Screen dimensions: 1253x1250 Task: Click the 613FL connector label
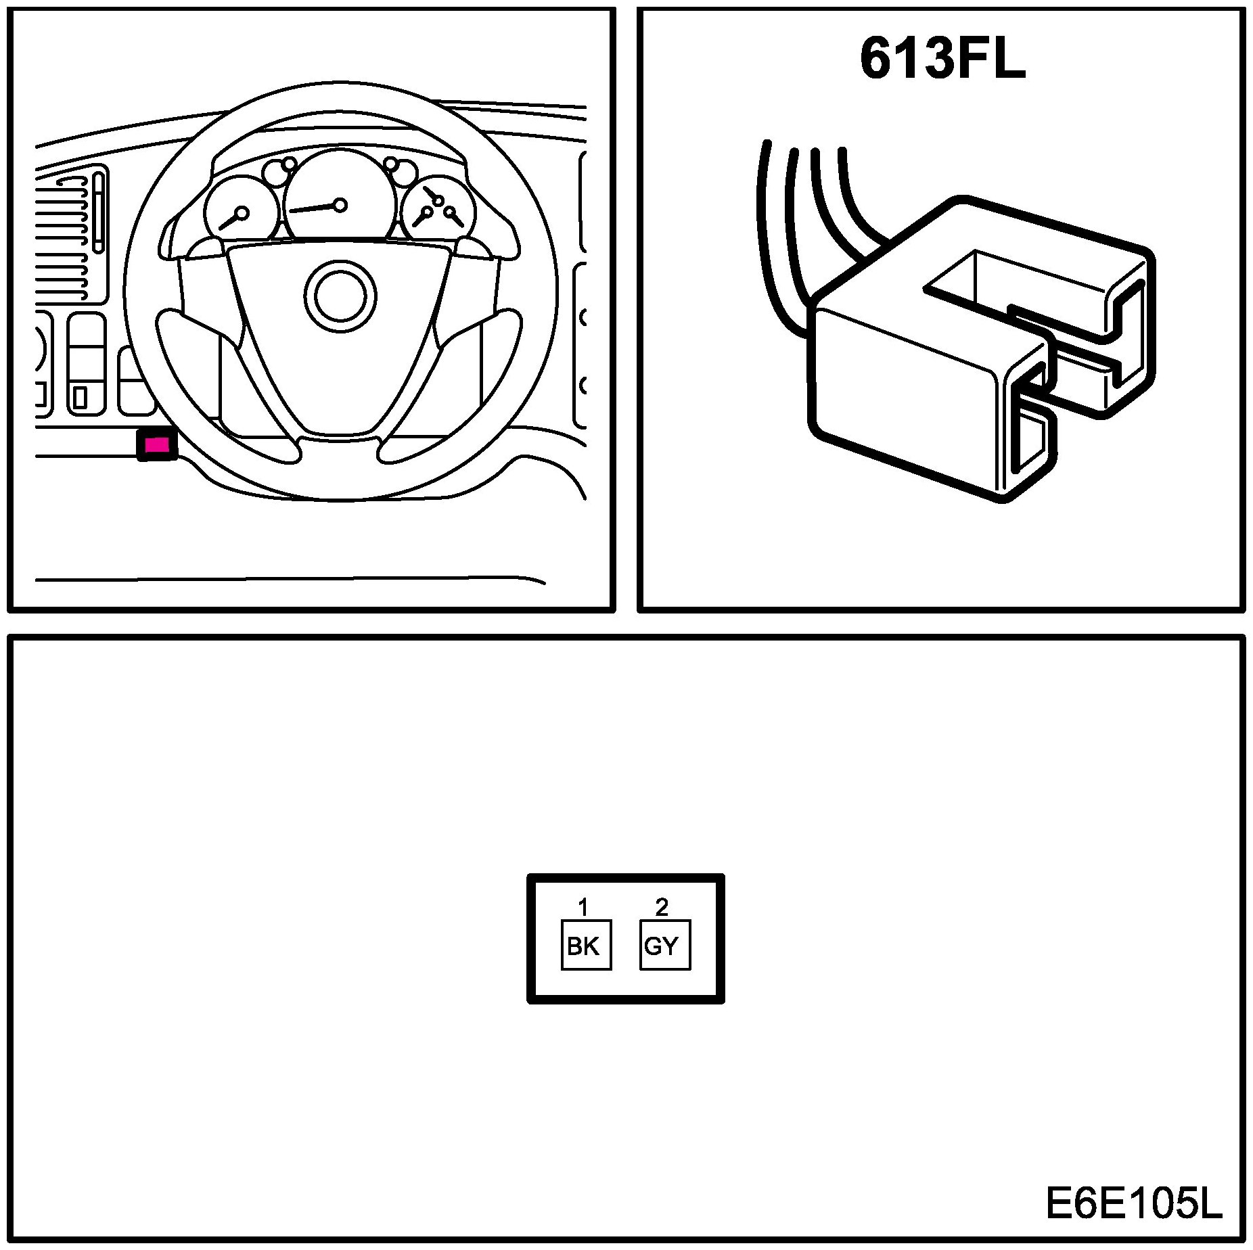tap(942, 60)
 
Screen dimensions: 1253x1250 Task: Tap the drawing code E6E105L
tap(1133, 1203)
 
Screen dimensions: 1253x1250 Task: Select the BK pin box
tap(586, 945)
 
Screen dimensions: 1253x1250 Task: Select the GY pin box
tap(664, 945)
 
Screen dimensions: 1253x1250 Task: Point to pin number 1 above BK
tap(581, 906)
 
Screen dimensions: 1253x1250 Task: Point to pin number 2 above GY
tap(662, 906)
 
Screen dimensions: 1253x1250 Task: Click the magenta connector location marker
tap(157, 444)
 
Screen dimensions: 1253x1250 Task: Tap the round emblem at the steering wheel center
tap(340, 295)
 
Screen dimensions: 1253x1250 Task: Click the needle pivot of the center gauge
tap(340, 204)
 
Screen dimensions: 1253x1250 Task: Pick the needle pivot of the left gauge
tap(242, 213)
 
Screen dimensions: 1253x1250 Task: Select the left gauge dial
tap(240, 210)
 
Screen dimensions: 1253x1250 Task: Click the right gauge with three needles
tap(436, 210)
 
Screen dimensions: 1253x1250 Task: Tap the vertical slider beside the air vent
tap(100, 212)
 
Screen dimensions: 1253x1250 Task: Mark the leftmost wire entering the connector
tap(771, 237)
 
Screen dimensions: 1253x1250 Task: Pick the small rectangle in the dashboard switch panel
tap(81, 396)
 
